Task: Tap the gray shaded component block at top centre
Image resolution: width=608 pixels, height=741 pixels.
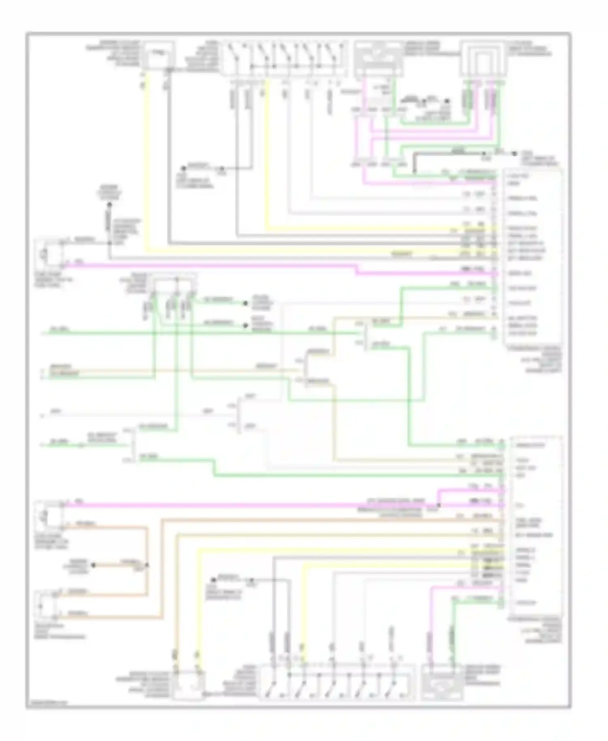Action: click(378, 59)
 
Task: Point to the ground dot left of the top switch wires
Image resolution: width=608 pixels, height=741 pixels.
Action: click(183, 168)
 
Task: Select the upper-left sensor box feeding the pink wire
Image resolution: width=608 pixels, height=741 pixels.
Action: click(49, 254)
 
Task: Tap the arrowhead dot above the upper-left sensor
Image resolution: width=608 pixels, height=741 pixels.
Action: click(109, 205)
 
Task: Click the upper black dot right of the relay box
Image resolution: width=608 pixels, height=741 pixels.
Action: click(245, 303)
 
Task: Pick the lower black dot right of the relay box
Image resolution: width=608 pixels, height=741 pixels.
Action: click(245, 326)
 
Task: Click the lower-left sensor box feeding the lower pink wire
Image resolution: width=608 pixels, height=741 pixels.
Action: click(49, 516)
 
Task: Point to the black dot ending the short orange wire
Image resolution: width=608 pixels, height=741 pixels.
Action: click(93, 565)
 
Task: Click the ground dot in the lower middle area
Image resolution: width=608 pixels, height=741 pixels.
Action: click(213, 580)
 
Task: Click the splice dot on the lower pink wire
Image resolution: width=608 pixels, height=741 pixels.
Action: click(439, 505)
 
